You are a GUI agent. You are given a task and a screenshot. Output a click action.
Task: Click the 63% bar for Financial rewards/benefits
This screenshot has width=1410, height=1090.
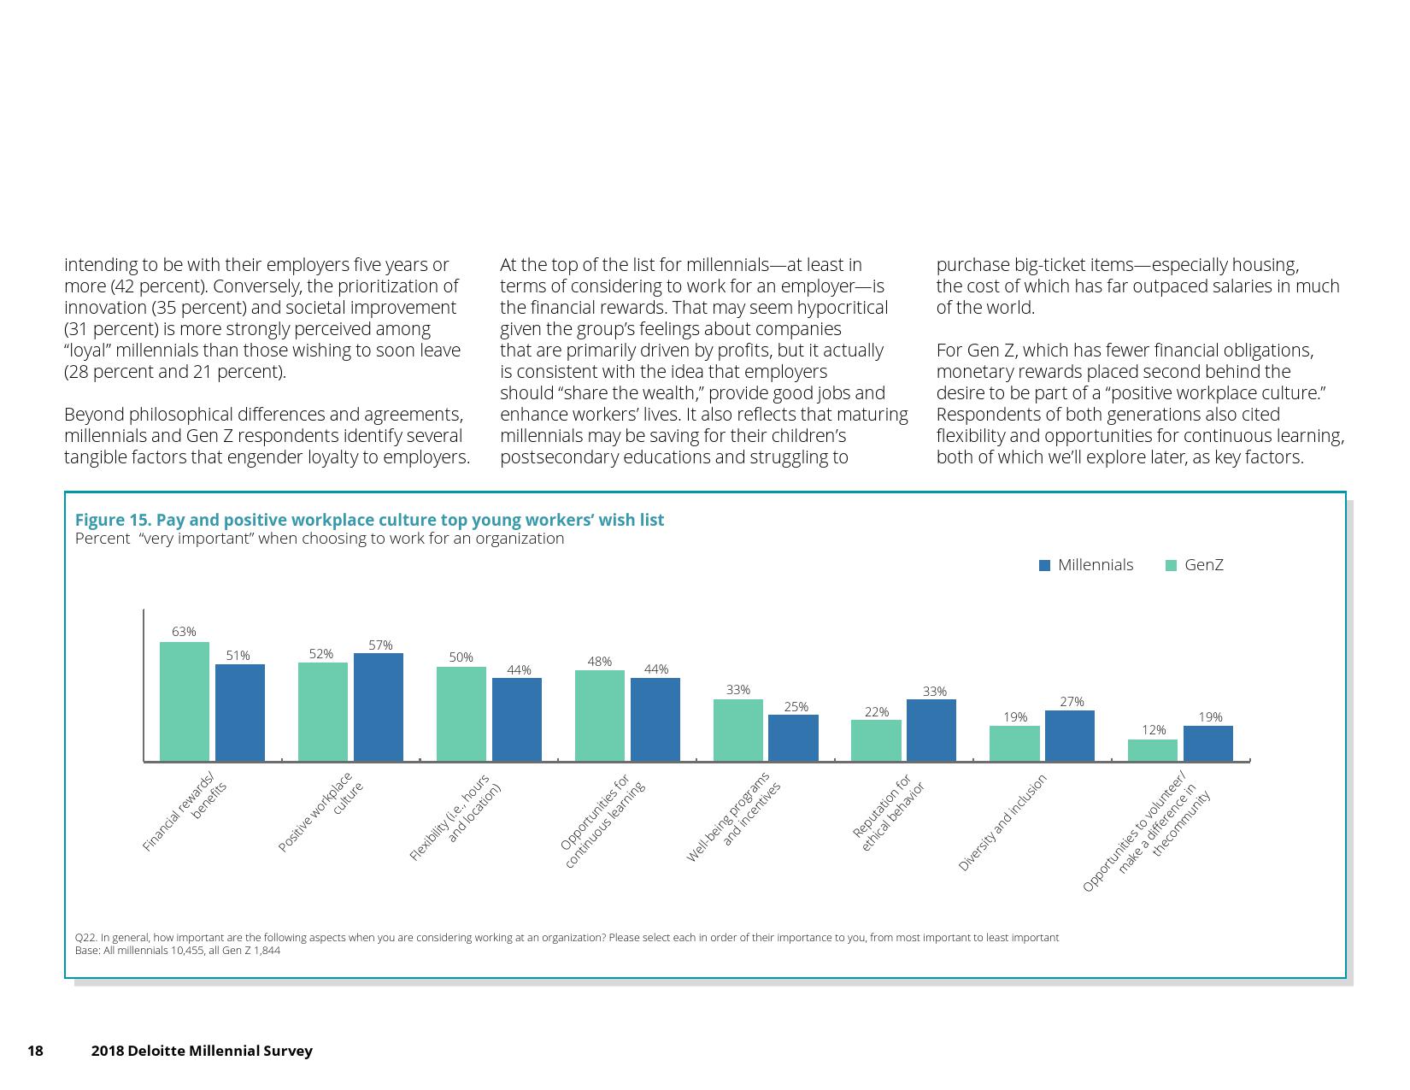184,701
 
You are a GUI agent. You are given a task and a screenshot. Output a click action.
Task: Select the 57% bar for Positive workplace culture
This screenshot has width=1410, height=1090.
378,707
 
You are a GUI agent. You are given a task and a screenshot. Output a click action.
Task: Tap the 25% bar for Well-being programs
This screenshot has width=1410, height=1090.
793,738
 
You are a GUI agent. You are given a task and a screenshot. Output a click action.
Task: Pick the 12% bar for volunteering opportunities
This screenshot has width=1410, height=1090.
1152,750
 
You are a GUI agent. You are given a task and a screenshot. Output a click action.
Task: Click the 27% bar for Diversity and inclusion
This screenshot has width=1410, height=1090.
1069,735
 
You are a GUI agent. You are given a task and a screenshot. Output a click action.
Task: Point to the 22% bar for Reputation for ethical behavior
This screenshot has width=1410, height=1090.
876,740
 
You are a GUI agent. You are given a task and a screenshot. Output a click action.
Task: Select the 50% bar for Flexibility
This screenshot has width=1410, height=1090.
461,714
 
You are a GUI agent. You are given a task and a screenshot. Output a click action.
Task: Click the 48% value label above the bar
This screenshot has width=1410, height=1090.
599,662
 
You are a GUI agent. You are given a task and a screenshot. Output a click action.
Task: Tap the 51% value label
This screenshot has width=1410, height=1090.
238,656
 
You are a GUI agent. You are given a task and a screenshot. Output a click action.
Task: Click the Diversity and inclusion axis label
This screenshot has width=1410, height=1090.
1002,823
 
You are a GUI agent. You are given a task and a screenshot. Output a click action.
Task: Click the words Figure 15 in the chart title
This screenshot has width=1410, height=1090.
113,520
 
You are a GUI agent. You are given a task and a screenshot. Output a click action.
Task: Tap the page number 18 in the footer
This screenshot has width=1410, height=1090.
35,1051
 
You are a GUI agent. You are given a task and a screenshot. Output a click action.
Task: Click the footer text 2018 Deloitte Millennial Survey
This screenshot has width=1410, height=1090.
202,1051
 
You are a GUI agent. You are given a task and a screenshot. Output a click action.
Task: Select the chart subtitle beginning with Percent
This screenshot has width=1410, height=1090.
320,539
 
